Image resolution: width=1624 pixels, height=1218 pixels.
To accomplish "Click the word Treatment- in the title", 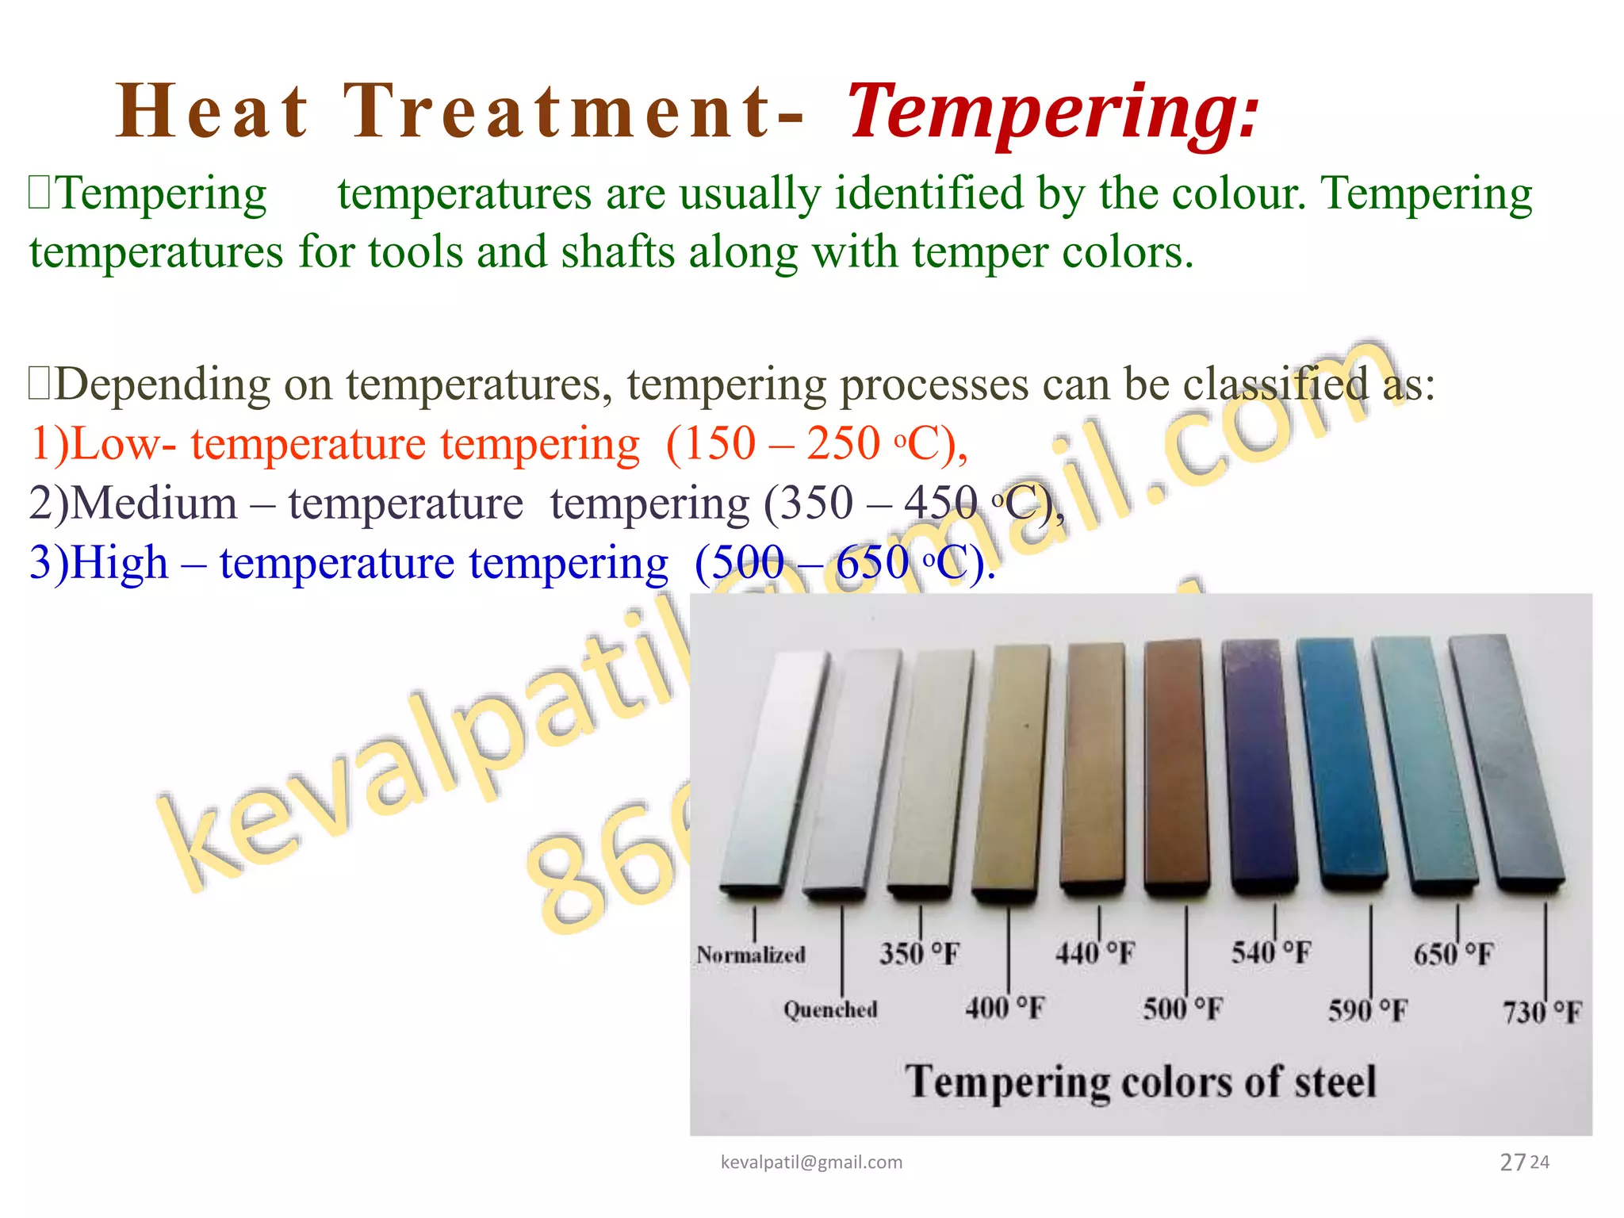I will click(x=573, y=113).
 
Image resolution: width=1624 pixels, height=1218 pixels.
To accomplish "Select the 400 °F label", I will click(x=1005, y=1009).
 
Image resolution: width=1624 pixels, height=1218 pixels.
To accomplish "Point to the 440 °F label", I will click(x=1095, y=953).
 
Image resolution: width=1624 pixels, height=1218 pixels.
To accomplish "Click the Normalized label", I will click(x=751, y=955).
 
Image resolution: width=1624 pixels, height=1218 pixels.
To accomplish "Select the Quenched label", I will click(x=830, y=1009).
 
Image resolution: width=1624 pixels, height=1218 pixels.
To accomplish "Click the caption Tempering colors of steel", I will click(x=1140, y=1082).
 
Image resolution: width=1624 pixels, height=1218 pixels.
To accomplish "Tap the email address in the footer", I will click(x=811, y=1162).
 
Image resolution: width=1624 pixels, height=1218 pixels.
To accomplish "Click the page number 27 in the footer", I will click(x=1512, y=1162).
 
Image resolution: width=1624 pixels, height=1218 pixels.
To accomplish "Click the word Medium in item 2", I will click(x=154, y=504).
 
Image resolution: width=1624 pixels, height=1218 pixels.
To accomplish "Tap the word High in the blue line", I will click(x=119, y=563).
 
